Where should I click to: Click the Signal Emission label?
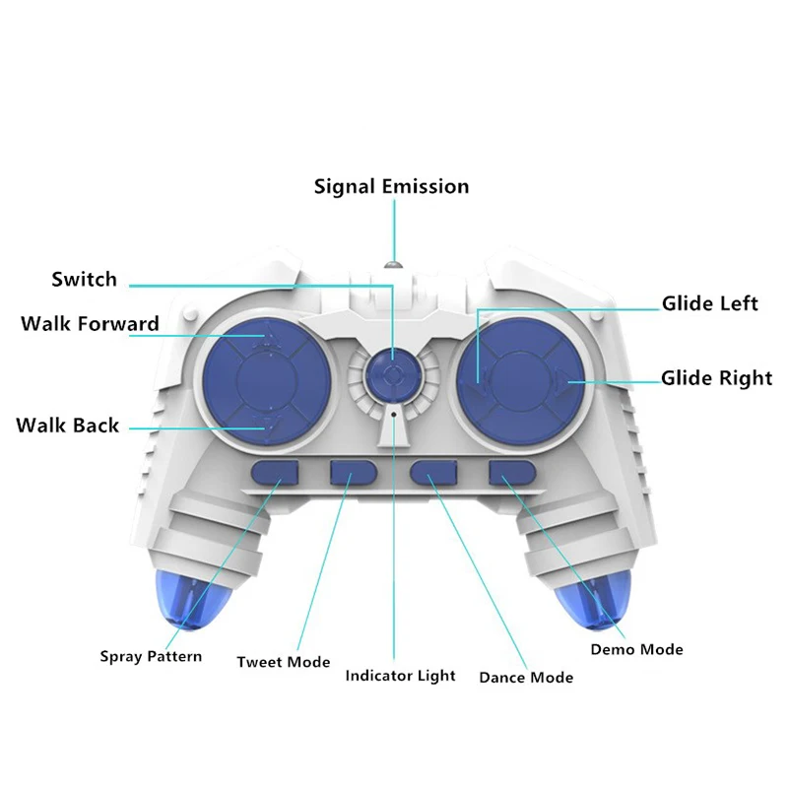tap(391, 186)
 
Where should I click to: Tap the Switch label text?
tap(84, 280)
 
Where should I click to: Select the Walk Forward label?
tap(90, 324)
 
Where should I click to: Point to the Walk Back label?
tap(67, 426)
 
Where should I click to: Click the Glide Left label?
tap(709, 303)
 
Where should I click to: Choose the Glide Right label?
tap(716, 378)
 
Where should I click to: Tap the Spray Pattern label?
tap(151, 656)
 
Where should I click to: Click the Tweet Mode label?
tap(284, 662)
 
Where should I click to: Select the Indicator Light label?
tap(400, 676)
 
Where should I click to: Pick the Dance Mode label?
tap(526, 678)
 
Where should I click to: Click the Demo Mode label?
tap(636, 650)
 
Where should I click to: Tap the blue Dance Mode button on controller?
tap(433, 473)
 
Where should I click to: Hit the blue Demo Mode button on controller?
tap(512, 473)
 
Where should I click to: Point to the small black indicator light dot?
tap(394, 415)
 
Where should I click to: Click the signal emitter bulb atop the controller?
tap(394, 265)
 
